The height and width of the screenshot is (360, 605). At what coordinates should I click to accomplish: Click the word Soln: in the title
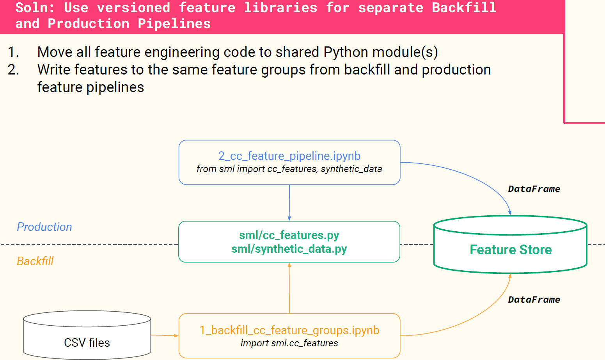[x=35, y=7]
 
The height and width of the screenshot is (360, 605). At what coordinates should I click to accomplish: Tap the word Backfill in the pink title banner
[x=464, y=7]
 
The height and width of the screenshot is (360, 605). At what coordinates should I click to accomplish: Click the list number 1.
[x=13, y=52]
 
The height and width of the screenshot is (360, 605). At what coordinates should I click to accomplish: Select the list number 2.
[x=13, y=70]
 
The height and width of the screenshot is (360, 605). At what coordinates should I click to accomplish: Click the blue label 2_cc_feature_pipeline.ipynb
[x=289, y=156]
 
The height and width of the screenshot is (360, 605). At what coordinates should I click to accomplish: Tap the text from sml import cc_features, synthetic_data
[x=289, y=169]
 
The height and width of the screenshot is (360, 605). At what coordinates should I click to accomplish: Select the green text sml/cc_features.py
[x=289, y=235]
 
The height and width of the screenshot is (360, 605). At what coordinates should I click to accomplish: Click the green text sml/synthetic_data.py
[x=289, y=249]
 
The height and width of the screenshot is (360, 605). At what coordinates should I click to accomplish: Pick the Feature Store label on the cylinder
[x=511, y=250]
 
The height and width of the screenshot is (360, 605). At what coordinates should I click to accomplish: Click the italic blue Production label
[x=44, y=227]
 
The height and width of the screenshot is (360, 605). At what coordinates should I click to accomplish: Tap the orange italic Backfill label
[x=35, y=261]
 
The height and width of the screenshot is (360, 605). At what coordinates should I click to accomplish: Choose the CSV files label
[x=87, y=343]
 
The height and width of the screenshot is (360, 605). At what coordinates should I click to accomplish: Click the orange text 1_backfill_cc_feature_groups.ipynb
[x=289, y=330]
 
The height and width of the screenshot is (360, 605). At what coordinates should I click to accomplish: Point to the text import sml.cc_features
[x=289, y=343]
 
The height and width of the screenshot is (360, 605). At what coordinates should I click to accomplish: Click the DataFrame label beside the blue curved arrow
[x=534, y=189]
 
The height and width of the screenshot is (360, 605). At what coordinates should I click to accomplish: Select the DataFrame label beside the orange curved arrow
[x=534, y=300]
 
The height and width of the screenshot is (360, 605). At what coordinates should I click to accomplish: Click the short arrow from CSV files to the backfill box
[x=165, y=335]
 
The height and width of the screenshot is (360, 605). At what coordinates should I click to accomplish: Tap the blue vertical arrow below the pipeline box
[x=289, y=203]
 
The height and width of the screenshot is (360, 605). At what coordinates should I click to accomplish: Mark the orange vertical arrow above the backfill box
[x=289, y=288]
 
